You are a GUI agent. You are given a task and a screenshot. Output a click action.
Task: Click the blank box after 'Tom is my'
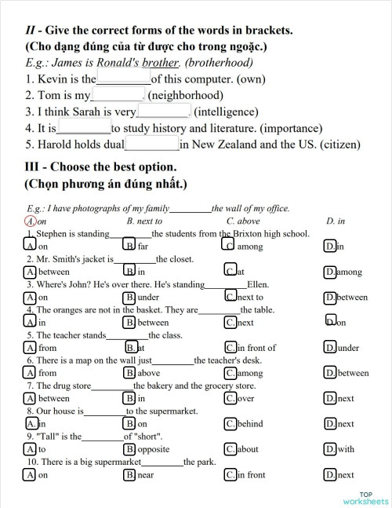tap(118, 93)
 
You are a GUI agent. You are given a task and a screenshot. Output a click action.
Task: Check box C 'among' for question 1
tap(229, 246)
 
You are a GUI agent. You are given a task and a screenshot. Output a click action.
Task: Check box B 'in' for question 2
tap(129, 272)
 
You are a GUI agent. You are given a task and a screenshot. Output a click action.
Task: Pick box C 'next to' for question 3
tap(230, 297)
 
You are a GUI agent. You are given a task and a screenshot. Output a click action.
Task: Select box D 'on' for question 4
tap(330, 321)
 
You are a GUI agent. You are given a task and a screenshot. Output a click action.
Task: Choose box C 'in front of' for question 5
tap(230, 347)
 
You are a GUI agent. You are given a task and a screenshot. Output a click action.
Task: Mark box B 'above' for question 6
tap(129, 373)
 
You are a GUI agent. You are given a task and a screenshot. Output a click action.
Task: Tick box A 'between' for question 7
tap(30, 398)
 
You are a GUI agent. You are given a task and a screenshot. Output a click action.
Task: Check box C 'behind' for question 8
tap(230, 423)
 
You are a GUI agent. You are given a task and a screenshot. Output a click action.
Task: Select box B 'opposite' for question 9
tap(129, 449)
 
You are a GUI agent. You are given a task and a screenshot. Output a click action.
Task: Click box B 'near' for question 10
tap(129, 474)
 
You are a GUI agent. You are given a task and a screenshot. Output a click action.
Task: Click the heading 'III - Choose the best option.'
tap(101, 167)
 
